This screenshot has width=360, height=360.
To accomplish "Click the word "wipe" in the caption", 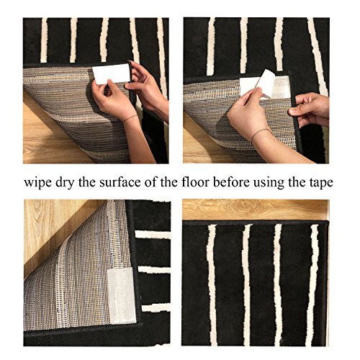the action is [x=38, y=183].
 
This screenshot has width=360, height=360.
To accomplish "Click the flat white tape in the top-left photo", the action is [x=111, y=73].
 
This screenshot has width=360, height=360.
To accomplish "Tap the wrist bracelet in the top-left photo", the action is [x=130, y=117].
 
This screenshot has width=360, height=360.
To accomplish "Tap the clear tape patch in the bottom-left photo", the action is [x=121, y=296].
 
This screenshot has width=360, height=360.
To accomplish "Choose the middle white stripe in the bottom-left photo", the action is [x=154, y=270].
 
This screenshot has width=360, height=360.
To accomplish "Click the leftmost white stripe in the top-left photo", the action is [x=44, y=40].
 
